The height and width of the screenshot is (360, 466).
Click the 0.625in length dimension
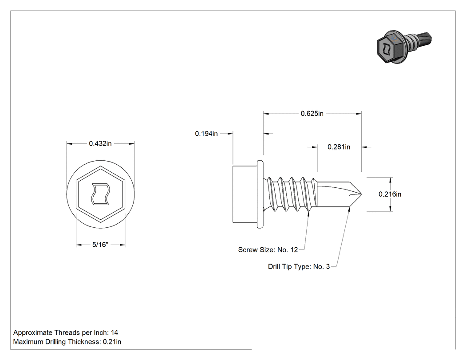(312, 114)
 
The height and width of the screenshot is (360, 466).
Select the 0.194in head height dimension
(206, 134)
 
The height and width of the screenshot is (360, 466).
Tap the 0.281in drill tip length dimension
(339, 147)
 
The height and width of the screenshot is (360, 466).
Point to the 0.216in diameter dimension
(390, 194)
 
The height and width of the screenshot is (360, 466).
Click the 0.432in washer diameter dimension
(100, 143)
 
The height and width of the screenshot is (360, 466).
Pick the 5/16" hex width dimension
(100, 245)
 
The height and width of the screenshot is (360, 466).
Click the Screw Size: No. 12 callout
(268, 250)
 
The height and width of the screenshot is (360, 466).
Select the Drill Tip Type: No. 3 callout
(299, 267)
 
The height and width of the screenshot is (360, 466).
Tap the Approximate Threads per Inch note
(66, 332)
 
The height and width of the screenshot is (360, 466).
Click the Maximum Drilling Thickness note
(67, 342)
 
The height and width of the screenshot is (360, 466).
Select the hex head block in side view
(245, 194)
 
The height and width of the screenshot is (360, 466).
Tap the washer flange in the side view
(260, 194)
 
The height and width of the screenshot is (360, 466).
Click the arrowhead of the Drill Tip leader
(350, 209)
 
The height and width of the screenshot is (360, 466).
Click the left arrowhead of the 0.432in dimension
(69, 144)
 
